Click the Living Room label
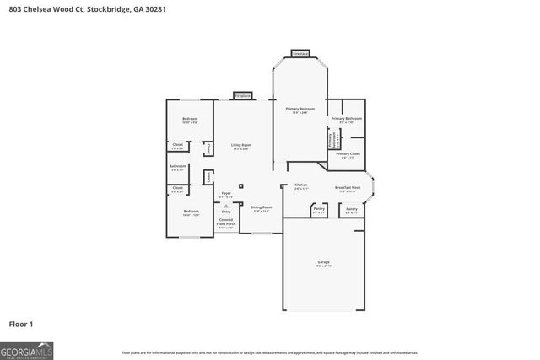click(241, 145)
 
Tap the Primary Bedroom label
click(300, 110)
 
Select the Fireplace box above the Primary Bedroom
click(300, 53)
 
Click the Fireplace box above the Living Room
click(241, 95)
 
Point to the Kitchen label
click(300, 185)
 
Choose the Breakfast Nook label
click(348, 188)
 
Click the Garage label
click(324, 262)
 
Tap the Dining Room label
click(262, 207)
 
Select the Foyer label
click(226, 194)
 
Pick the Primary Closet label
click(348, 154)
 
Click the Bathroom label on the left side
click(177, 166)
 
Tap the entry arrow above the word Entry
click(226, 206)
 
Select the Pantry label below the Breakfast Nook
click(351, 208)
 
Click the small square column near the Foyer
click(241, 186)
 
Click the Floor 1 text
click(21, 324)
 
